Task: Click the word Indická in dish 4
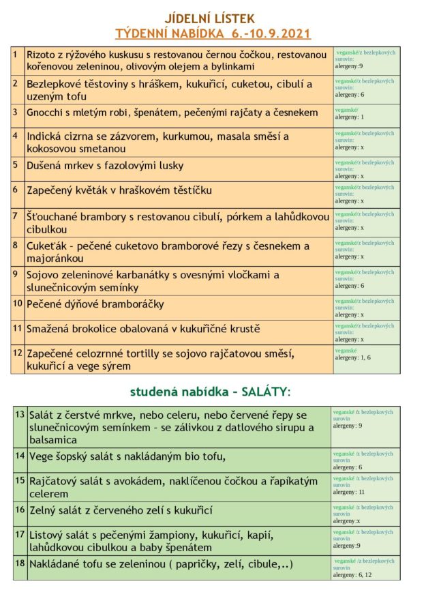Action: pos(46,136)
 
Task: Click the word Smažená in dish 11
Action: pos(49,329)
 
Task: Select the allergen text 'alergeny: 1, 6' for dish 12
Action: pos(353,357)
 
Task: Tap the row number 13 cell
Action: pos(20,414)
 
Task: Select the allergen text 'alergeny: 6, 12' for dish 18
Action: pos(354,575)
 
